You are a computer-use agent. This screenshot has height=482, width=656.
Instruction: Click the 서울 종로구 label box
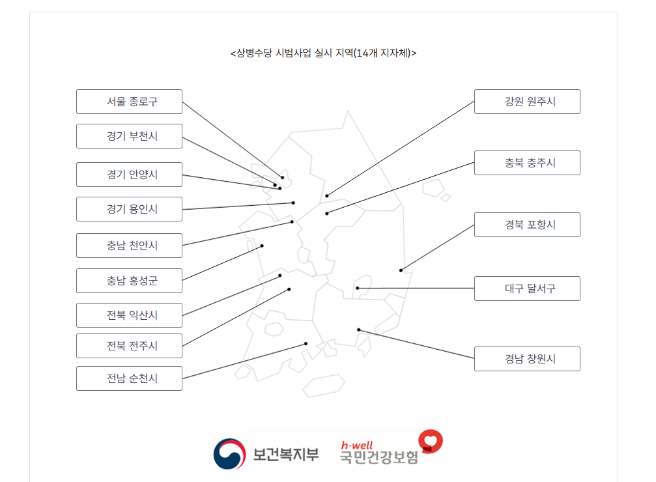(x=129, y=102)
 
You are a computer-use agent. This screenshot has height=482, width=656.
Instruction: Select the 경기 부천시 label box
(x=129, y=136)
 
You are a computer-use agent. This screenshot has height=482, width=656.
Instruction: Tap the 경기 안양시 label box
(x=129, y=175)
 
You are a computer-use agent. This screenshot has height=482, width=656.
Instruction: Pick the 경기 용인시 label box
(x=129, y=209)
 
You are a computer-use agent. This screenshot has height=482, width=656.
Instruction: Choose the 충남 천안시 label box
(x=129, y=246)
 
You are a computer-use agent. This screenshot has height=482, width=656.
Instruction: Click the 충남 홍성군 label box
(x=129, y=281)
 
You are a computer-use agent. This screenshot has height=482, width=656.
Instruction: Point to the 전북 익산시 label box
(x=129, y=315)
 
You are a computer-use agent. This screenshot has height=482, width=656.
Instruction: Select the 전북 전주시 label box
(x=129, y=346)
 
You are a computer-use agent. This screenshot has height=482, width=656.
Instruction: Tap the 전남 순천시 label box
(x=129, y=378)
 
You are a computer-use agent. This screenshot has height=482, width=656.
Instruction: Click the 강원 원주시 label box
(x=527, y=102)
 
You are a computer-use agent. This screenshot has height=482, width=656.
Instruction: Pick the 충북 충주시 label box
(x=527, y=163)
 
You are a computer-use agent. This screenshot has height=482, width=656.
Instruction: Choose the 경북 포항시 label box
(x=527, y=225)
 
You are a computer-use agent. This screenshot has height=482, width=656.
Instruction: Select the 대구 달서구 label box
(x=527, y=289)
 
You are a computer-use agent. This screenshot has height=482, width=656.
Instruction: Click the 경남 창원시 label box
(x=527, y=359)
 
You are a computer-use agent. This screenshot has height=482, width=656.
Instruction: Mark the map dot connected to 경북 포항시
(x=401, y=270)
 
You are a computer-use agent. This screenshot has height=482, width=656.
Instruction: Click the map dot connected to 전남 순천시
(x=306, y=344)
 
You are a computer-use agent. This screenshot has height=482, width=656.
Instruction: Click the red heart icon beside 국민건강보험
(x=430, y=442)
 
